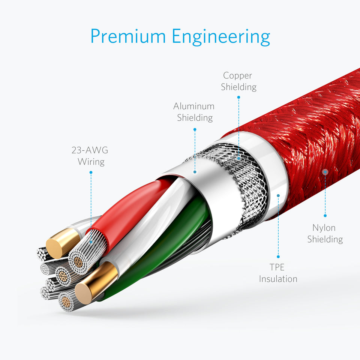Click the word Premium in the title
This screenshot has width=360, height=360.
(128, 37)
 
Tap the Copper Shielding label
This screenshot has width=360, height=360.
(238, 81)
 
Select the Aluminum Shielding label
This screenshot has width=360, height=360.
(194, 112)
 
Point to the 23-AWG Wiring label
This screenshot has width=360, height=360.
(90, 156)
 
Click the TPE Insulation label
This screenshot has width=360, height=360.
(278, 273)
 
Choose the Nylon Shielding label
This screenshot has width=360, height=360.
(325, 233)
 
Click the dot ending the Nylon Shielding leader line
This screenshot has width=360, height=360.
(325, 215)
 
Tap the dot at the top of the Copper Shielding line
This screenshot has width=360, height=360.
(238, 97)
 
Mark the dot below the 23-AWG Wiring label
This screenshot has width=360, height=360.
(91, 172)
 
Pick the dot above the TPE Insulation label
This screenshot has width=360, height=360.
(278, 256)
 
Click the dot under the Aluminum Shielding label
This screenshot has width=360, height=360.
(195, 129)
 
